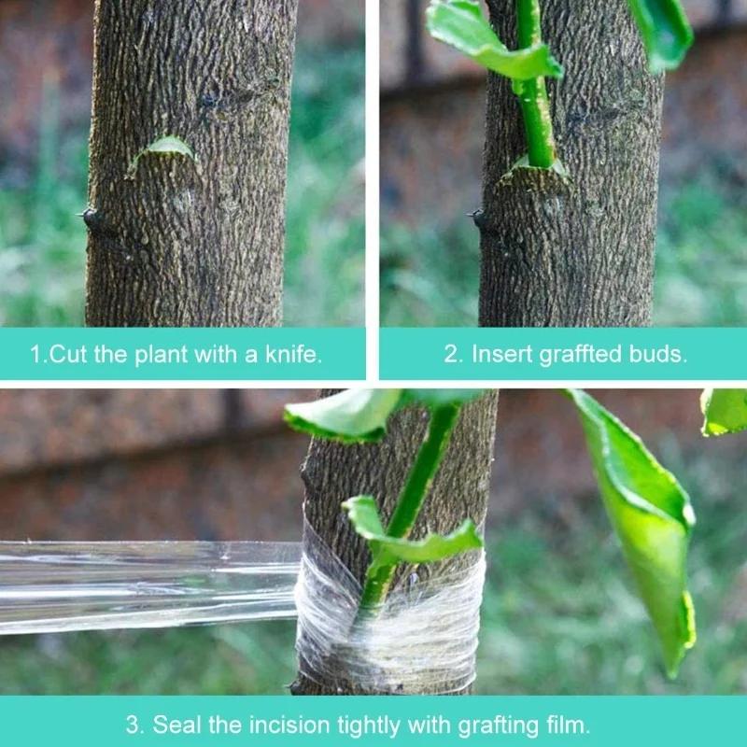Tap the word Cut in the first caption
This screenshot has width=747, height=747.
[x=69, y=355]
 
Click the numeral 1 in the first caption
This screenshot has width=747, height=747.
[x=35, y=355]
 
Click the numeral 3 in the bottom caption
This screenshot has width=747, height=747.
[x=133, y=724]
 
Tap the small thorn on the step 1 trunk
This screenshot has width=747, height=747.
[x=91, y=217]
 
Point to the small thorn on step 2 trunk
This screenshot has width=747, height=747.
[x=478, y=218]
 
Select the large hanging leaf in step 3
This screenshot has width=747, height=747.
[x=644, y=523]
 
